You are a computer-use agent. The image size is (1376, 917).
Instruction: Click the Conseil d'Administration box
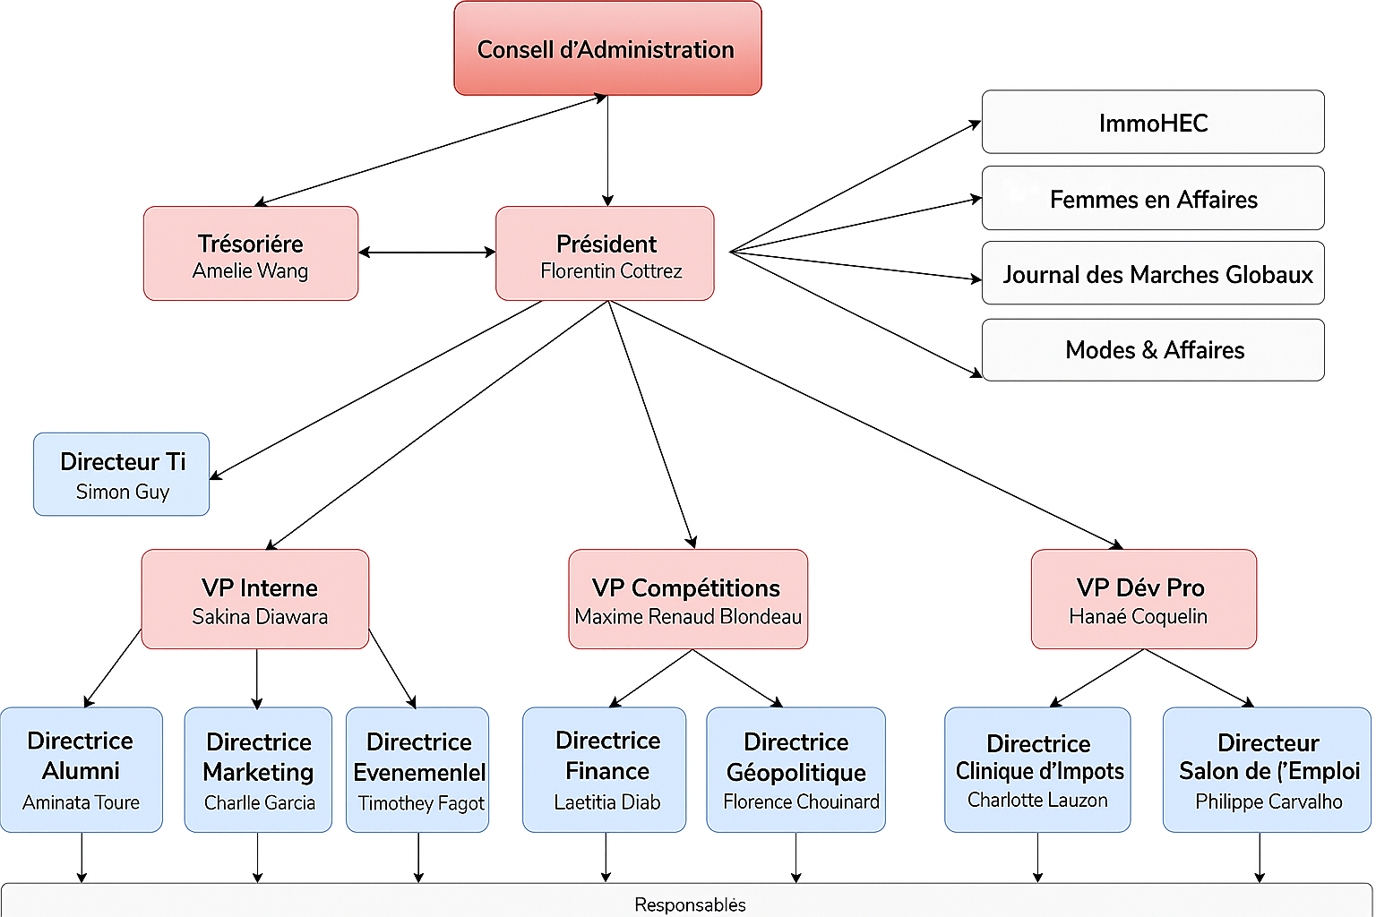(607, 48)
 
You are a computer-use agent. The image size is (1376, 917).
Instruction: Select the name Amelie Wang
(250, 271)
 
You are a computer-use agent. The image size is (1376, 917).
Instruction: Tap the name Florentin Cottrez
(611, 271)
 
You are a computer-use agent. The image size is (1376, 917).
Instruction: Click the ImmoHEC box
(1153, 123)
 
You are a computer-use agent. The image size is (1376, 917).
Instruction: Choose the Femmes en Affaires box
(1153, 199)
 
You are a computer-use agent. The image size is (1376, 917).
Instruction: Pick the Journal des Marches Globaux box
(1153, 274)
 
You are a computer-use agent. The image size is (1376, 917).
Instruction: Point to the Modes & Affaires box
(1153, 350)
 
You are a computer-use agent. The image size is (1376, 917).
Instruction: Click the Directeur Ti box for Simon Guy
(122, 475)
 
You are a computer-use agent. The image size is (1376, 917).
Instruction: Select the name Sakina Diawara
(260, 617)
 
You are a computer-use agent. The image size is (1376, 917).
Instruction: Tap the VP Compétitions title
(686, 588)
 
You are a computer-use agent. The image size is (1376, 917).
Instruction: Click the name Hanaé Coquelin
(1138, 617)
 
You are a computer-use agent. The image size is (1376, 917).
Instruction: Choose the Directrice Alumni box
(81, 769)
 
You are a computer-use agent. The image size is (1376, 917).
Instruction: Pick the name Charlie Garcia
(260, 803)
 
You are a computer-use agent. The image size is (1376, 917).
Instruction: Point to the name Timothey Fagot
(421, 804)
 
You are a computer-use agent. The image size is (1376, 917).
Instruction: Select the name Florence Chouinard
(801, 802)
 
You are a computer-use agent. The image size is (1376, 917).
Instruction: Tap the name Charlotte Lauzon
(1037, 801)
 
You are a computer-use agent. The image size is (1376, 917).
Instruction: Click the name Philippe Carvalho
(1268, 802)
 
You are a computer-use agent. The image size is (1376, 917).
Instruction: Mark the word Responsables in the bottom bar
(690, 905)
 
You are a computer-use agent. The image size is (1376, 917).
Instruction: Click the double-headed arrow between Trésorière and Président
(427, 253)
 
